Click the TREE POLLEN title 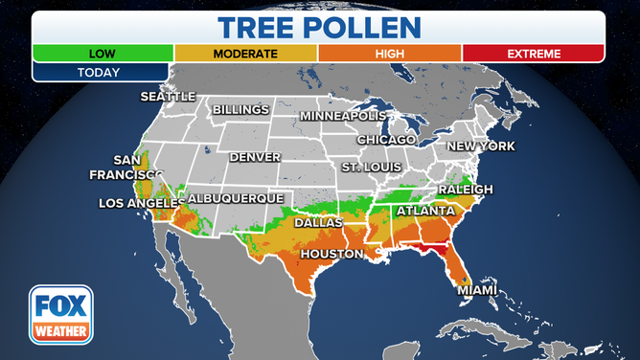tap(318, 27)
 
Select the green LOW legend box tap(103, 54)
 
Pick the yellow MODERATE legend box tap(245, 54)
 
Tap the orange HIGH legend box tap(390, 54)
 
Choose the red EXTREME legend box tap(533, 54)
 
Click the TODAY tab tap(101, 72)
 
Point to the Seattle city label tap(168, 97)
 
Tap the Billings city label tap(240, 110)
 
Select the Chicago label tap(386, 140)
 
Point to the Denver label tap(255, 156)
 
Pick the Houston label tap(331, 254)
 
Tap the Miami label tap(476, 289)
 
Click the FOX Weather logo tap(60, 314)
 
